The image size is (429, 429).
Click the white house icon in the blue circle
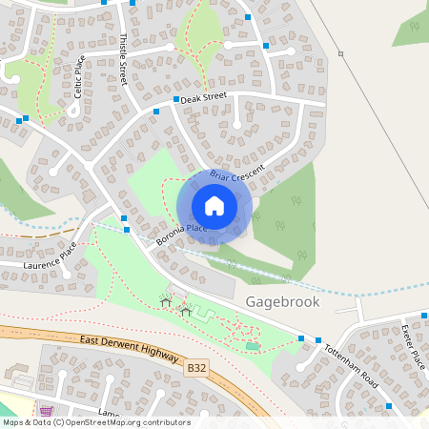pos(214,206)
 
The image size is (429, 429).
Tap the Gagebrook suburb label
pos(282,301)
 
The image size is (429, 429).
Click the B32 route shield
pos(196,366)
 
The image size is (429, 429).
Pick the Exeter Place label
pos(411,347)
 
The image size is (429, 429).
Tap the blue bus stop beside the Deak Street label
pos(176,99)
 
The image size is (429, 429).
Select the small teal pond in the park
pos(251,345)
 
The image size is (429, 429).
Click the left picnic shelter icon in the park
pos(166,303)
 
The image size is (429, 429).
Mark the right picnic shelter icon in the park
pos(186,310)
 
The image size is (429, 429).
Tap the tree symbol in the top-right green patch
pos(414,28)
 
